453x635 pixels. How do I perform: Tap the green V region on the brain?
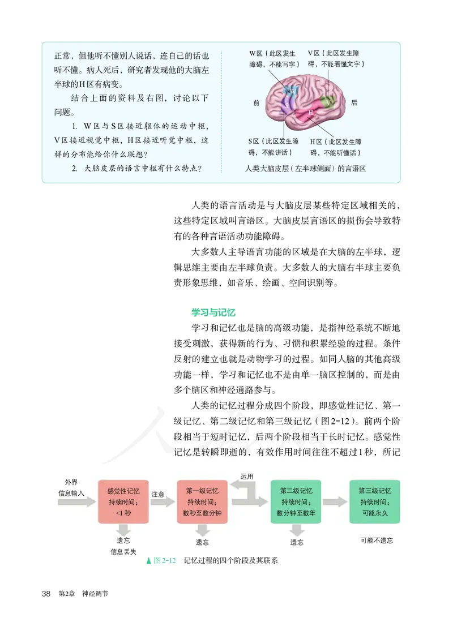point(328,101)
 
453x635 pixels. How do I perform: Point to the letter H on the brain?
point(311,113)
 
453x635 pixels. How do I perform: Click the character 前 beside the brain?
point(257,103)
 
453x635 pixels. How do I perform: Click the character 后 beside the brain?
point(354,103)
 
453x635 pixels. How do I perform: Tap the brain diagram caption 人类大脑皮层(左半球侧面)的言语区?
point(306,169)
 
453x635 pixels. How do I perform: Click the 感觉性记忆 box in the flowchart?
point(123,501)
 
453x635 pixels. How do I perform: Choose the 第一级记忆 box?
point(202,501)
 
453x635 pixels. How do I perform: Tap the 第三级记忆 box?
point(375,501)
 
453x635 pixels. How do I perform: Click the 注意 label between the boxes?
point(158,494)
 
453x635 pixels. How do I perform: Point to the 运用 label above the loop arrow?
point(247,477)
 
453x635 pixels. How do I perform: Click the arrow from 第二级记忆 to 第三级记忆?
point(335,501)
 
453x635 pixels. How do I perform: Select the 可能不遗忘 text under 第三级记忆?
point(377,540)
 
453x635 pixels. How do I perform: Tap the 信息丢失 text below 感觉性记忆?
point(123,551)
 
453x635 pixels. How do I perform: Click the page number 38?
point(47,593)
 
